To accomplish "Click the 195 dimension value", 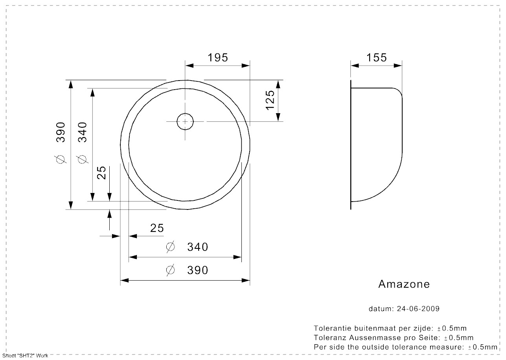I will pos(218,57).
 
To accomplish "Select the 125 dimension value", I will pos(270,100).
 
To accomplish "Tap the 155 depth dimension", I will pos(377,57).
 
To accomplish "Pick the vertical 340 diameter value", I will pos(82,133).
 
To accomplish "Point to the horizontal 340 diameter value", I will pos(197,247).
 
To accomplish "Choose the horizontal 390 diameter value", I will pos(197,270).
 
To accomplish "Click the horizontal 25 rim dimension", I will pos(157,228).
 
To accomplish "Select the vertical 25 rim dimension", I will pos(101,173).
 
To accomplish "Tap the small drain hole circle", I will pos(185,121).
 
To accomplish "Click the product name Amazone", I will pos(404,284).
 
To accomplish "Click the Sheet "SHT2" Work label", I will pos(24,356).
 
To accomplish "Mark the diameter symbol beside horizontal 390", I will pos(170,270).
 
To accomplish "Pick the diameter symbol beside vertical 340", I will pos(82,159).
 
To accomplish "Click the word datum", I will pos(380,309).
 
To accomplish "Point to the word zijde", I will pos(421,328).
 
